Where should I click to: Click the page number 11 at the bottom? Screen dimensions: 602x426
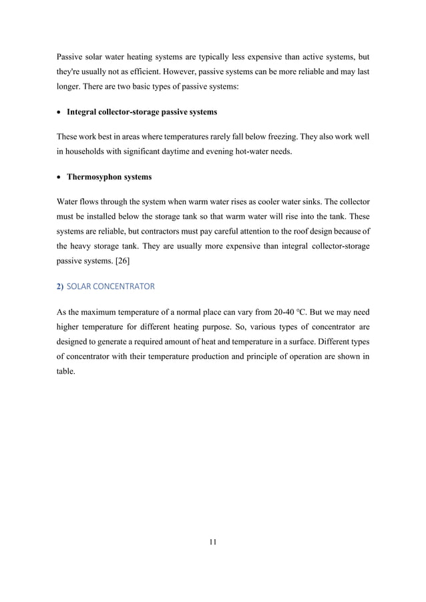click(212, 541)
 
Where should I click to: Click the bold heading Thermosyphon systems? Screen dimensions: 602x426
click(110, 178)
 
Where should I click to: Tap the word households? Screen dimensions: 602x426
click(88, 153)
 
